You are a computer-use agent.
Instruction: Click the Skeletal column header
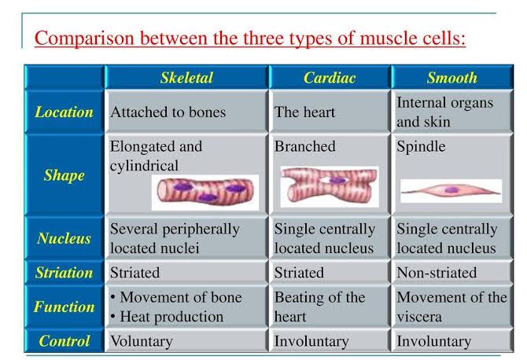click(x=186, y=78)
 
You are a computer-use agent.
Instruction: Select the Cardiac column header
click(x=330, y=78)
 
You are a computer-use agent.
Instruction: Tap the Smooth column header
click(x=452, y=78)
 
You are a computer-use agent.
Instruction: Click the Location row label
click(x=64, y=112)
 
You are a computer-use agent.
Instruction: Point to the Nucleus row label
click(x=64, y=238)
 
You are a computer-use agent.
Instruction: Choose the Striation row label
click(x=64, y=272)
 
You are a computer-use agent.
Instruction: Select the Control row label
click(x=64, y=341)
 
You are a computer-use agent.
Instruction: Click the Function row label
click(x=64, y=307)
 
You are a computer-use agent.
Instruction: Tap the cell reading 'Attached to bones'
click(x=168, y=112)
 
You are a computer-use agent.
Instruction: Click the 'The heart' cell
click(x=304, y=112)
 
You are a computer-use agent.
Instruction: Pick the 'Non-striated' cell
click(x=437, y=272)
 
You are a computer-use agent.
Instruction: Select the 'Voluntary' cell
click(x=142, y=341)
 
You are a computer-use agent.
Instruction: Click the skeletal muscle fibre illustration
click(x=205, y=192)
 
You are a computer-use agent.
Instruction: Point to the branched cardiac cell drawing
click(x=330, y=186)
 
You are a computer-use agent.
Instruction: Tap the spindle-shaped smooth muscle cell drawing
click(x=451, y=191)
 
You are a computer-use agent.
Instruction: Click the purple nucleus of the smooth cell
click(x=451, y=190)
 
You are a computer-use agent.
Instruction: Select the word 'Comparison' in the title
click(x=84, y=38)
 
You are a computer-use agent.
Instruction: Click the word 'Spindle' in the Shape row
click(x=421, y=146)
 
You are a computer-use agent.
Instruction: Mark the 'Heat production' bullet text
click(x=171, y=317)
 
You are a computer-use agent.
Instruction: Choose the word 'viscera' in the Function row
click(x=419, y=317)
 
